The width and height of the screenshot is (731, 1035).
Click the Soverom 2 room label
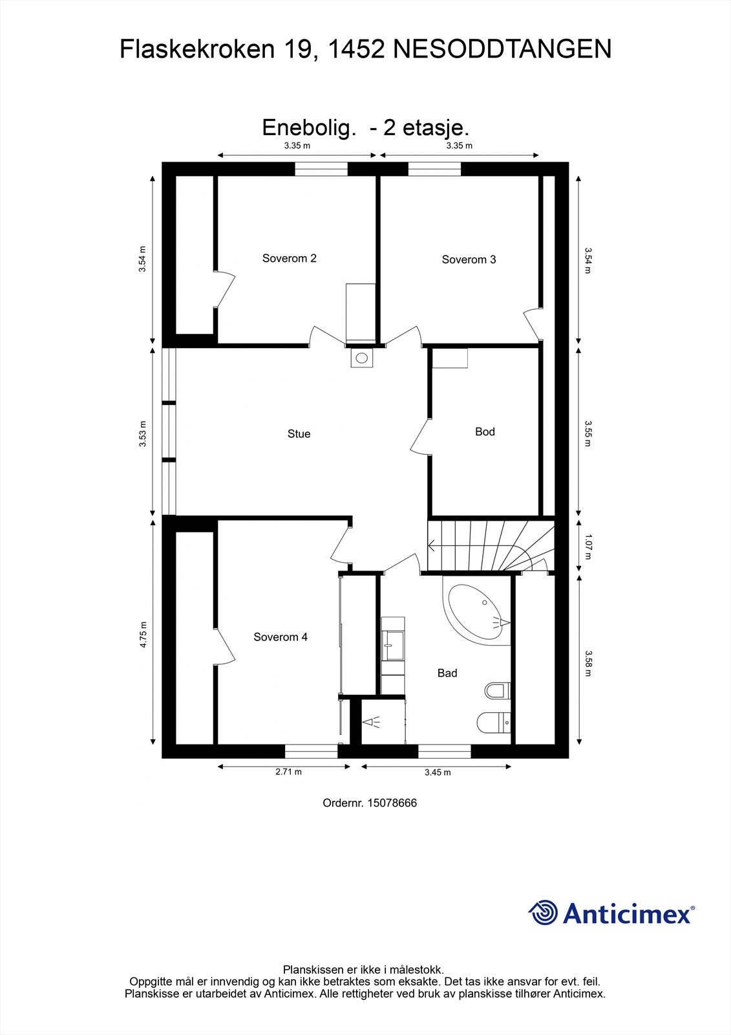289,258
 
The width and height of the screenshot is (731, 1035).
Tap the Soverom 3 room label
469,259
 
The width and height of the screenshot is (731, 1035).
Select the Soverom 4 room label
280,637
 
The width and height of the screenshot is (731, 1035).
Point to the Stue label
299,434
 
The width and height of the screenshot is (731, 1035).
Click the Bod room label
485,431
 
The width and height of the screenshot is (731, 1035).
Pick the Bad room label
447,673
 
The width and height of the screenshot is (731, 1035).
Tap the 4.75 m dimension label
143,634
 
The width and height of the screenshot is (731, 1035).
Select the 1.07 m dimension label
588,546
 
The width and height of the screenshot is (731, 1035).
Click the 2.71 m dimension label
288,772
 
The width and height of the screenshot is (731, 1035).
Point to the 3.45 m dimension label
438,772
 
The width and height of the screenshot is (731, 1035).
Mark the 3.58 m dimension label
588,663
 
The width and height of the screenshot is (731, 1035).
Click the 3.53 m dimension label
143,434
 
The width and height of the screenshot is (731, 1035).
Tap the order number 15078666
392,803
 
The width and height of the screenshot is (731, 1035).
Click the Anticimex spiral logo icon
543,913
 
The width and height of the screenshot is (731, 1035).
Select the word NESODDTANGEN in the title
502,50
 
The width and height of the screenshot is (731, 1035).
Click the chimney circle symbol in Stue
362,357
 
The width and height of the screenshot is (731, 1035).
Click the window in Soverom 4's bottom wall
311,750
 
